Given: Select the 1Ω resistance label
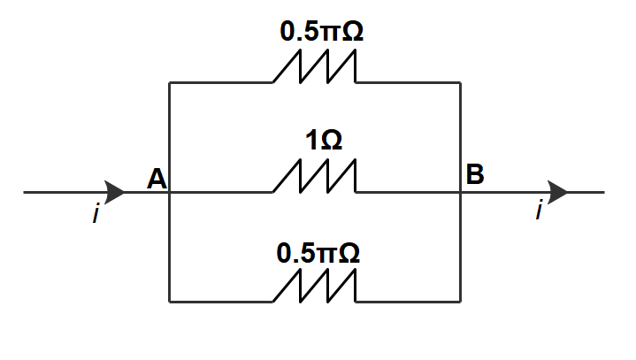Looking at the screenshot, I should point(323,141).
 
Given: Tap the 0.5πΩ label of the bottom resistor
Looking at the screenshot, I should point(318,253).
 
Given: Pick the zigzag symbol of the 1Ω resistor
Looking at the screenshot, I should point(315,177).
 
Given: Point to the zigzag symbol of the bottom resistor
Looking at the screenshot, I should point(315,287).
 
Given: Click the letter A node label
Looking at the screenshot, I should point(157,180).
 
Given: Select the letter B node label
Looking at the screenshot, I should point(475,175).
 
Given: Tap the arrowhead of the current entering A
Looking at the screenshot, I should point(116,191).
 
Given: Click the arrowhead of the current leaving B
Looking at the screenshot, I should point(557,191).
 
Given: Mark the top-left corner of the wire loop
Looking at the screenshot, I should point(169,83).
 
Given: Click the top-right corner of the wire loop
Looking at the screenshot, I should point(461,83).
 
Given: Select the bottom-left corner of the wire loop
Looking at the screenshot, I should point(169,302).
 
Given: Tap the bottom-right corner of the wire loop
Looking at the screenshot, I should point(461,302).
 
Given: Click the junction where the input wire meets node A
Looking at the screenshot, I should point(169,192).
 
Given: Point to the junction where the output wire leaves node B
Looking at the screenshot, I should point(461,192).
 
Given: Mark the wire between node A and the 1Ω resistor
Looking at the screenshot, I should point(221,192).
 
